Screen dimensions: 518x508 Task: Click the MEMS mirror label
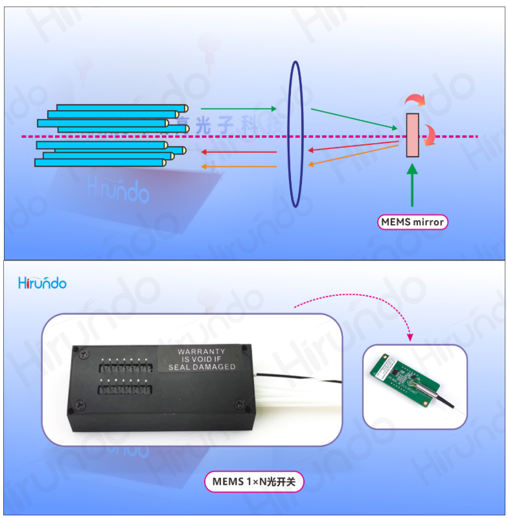tap(413, 222)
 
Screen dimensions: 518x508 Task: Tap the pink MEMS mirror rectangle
tap(412, 135)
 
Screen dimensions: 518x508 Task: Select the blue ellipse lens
tap(295, 134)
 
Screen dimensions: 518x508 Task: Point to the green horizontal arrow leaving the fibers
tap(238, 108)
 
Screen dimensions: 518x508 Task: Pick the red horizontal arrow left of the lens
tap(238, 152)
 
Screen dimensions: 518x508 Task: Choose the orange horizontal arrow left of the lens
tap(238, 166)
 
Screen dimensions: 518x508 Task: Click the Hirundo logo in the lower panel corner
tap(42, 283)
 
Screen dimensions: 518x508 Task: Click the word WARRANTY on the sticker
tap(202, 352)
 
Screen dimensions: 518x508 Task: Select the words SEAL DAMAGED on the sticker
tap(202, 367)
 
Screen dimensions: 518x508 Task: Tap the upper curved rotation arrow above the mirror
tap(414, 100)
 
